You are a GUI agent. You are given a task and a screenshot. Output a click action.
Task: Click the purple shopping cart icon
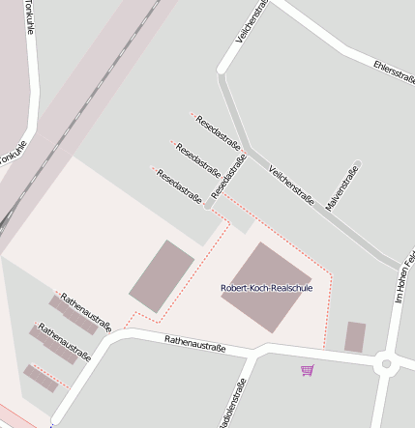pos(308,370)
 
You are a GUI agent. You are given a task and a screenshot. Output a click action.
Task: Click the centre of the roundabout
pos(387,364)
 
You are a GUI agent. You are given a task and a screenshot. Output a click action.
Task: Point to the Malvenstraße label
pos(342,188)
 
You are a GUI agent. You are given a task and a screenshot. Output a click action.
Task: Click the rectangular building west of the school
pos(162,275)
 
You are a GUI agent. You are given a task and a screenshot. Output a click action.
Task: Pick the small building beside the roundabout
pos(355,336)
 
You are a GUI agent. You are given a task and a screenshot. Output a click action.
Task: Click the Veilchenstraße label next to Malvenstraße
pos(291,184)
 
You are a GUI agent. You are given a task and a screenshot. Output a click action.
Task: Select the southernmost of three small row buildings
pos(41,379)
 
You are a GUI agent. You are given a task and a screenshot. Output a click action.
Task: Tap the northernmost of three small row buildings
pos(74,316)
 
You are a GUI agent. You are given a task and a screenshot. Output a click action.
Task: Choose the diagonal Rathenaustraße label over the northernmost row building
pos(86,312)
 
